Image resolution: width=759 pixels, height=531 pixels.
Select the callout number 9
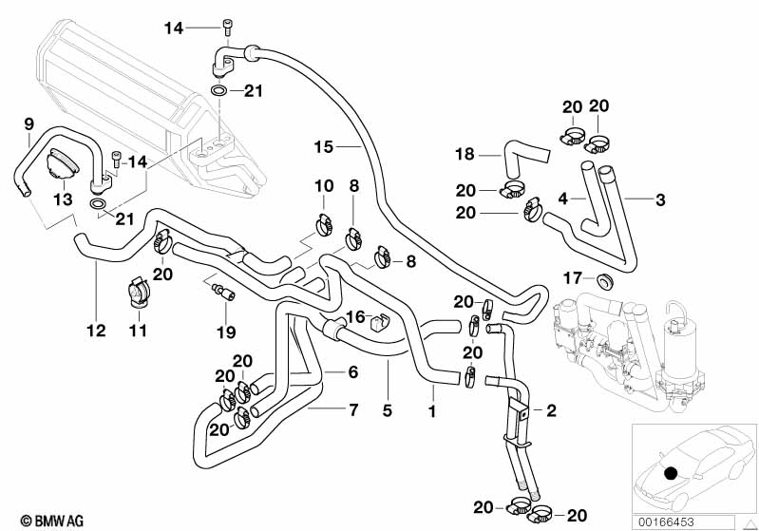[28, 123]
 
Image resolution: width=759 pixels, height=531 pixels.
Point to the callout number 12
[96, 331]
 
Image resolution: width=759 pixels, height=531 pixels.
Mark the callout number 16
[354, 316]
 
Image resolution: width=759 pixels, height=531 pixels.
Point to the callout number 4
[562, 199]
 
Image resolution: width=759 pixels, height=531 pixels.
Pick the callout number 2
[550, 410]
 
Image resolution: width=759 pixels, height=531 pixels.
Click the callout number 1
[432, 411]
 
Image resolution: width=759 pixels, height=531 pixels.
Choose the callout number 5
[388, 411]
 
